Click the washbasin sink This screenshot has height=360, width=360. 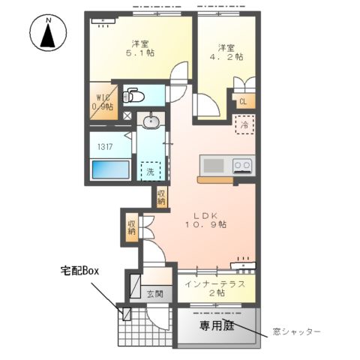click(151, 121)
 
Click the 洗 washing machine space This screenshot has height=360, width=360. click(151, 171)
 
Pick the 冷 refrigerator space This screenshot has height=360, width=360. click(244, 126)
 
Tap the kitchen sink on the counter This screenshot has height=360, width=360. click(213, 165)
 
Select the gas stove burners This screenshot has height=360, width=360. click(242, 165)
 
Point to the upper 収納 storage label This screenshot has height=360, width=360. click(161, 197)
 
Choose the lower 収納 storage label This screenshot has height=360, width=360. click(131, 226)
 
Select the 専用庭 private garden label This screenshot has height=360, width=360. click(216, 326)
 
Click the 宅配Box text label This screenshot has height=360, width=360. click(80, 270)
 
